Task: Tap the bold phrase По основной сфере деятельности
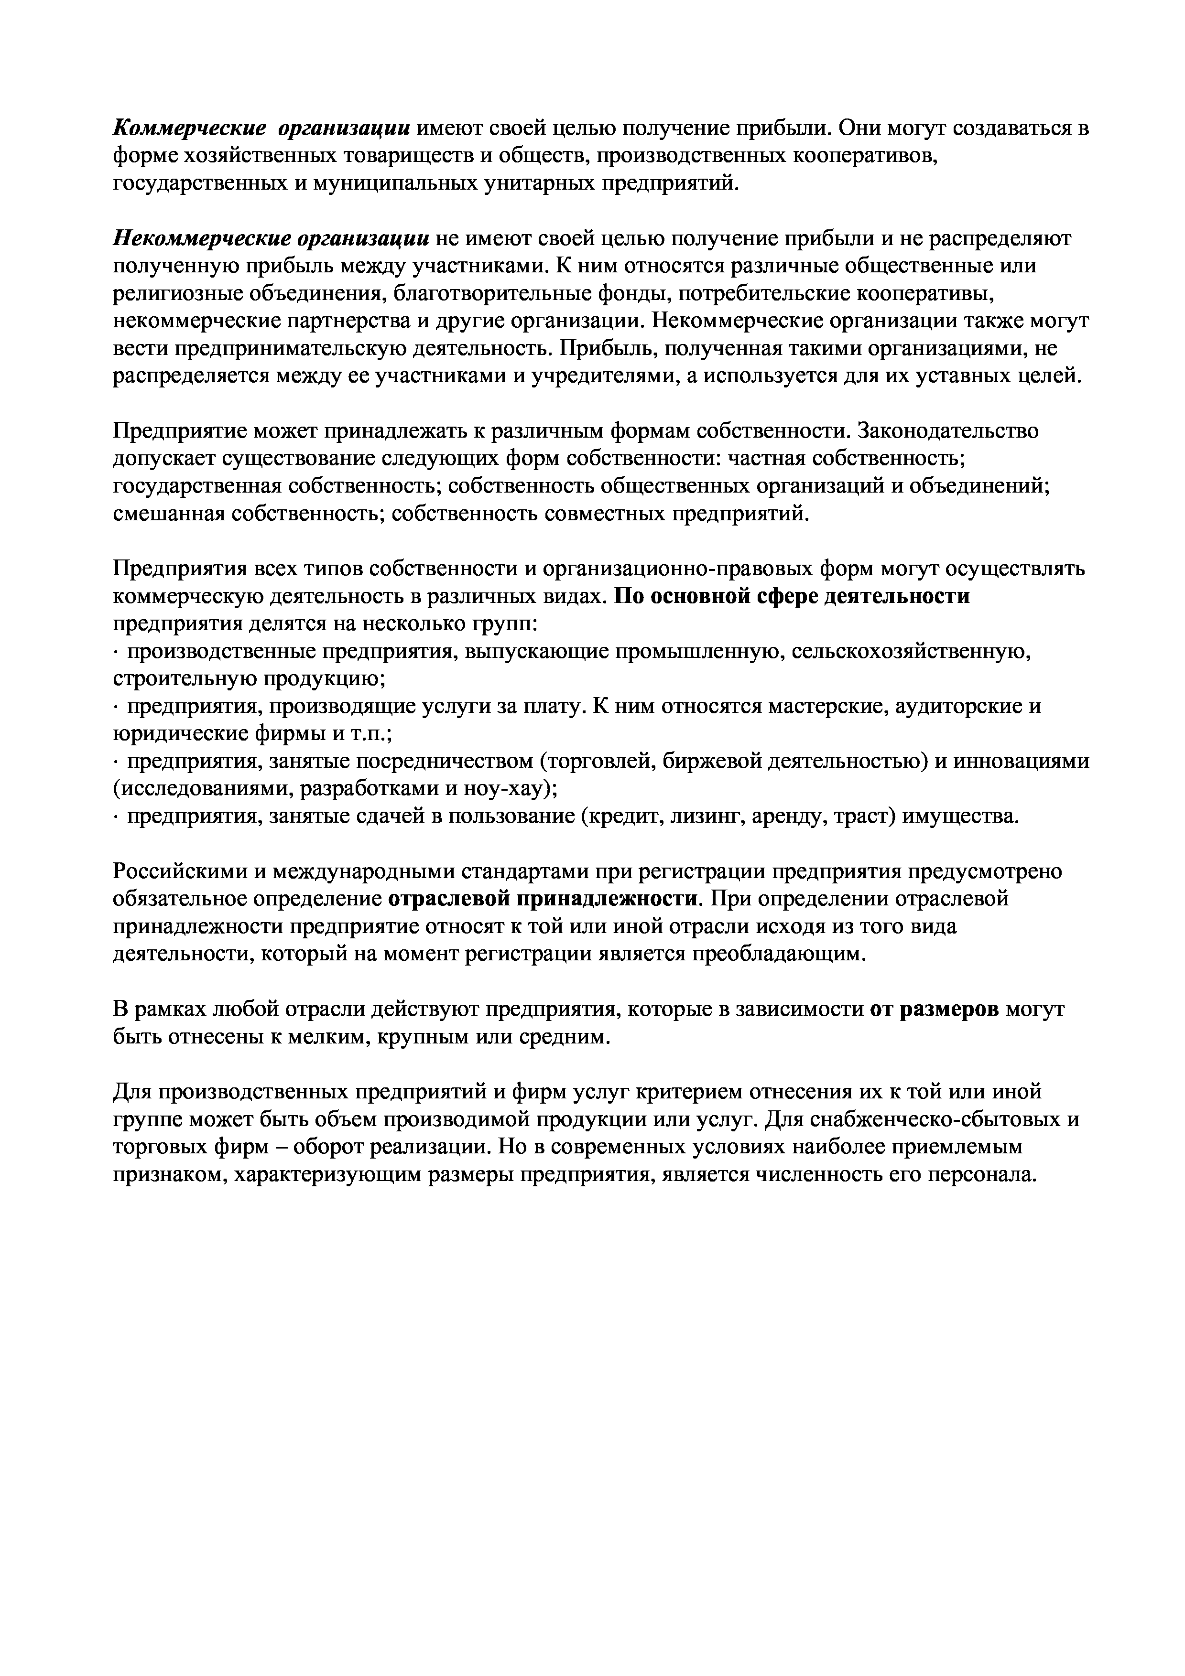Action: click(792, 596)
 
